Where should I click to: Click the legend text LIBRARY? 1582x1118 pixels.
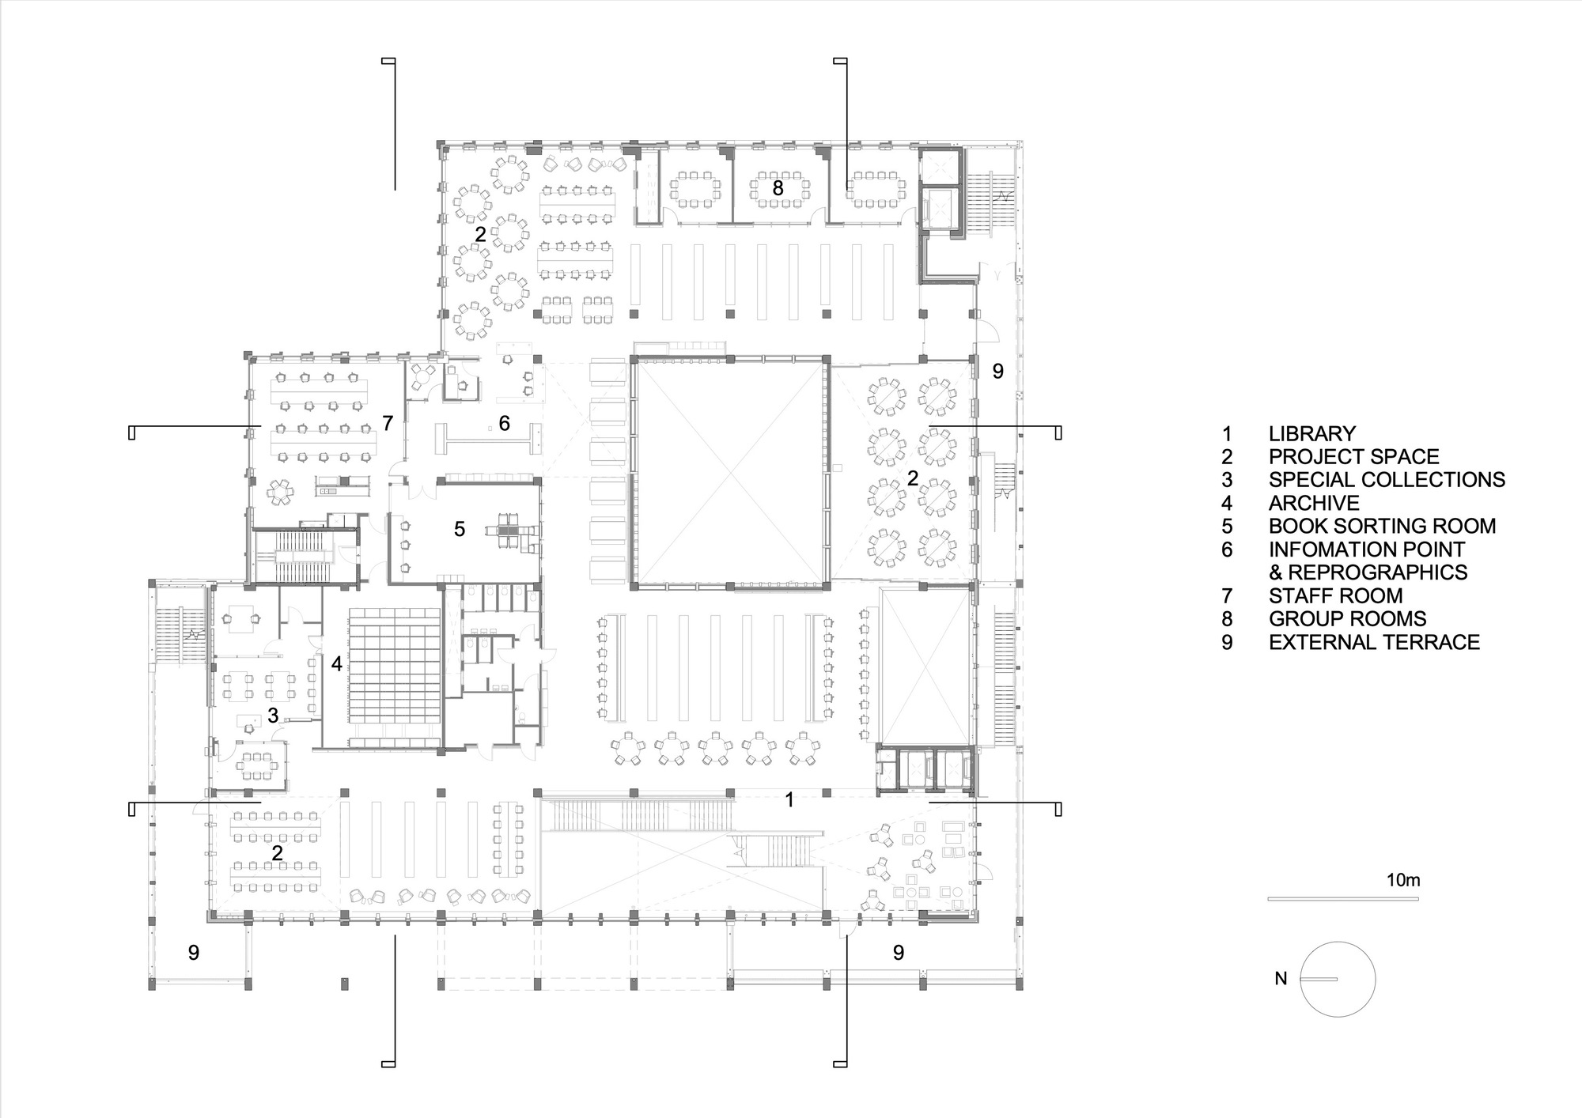click(x=1311, y=433)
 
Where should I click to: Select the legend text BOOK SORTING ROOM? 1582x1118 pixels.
click(x=1382, y=526)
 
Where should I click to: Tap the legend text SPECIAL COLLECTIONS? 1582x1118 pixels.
click(x=1387, y=480)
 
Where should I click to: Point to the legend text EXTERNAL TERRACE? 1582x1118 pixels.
click(x=1374, y=642)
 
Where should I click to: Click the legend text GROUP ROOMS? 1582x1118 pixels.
click(x=1348, y=618)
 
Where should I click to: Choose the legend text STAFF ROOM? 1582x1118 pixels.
click(x=1336, y=595)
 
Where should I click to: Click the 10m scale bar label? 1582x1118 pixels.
click(x=1403, y=880)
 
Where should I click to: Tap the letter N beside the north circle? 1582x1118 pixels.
click(x=1281, y=979)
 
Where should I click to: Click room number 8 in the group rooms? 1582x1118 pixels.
click(x=778, y=188)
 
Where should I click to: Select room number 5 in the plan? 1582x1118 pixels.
click(x=460, y=529)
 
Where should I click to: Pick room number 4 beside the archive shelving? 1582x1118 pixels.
click(x=337, y=664)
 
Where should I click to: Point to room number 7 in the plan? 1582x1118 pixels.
click(x=388, y=423)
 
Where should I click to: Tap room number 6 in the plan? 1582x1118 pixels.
click(x=504, y=424)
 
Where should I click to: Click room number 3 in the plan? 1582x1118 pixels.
click(x=273, y=716)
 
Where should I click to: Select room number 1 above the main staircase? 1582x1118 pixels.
click(x=789, y=799)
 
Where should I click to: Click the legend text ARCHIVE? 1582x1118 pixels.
click(x=1314, y=503)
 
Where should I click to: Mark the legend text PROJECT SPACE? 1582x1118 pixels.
click(x=1354, y=457)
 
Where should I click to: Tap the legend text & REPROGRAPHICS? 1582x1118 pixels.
click(x=1368, y=572)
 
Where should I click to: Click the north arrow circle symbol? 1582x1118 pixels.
click(x=1338, y=942)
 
